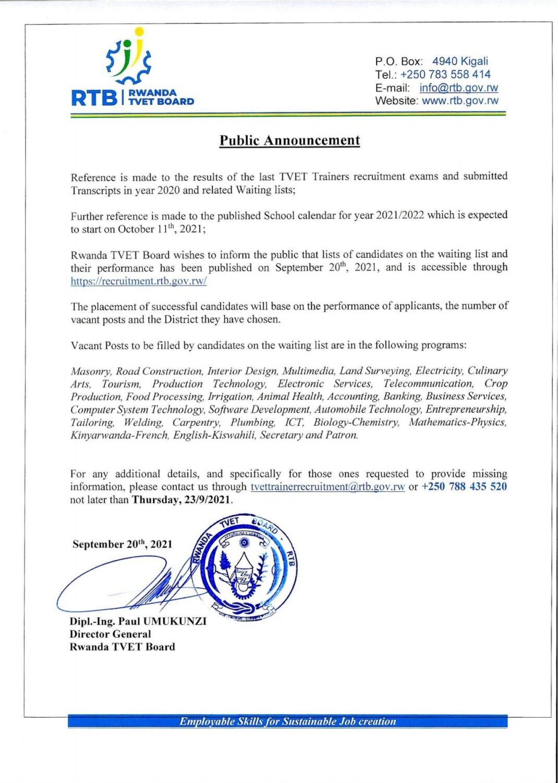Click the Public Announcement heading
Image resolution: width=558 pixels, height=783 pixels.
(x=289, y=140)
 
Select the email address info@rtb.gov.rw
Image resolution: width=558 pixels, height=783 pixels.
(x=458, y=88)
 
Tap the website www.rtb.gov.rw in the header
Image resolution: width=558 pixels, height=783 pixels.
(x=460, y=101)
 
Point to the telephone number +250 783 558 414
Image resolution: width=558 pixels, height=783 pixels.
(x=445, y=75)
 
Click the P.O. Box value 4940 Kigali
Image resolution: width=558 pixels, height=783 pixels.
(x=460, y=61)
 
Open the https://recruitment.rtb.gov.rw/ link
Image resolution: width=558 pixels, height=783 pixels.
(x=139, y=281)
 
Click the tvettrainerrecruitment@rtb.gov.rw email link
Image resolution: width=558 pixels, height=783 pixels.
(x=327, y=487)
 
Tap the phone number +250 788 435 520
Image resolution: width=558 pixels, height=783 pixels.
(x=464, y=487)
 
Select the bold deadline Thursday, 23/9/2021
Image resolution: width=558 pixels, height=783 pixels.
(x=181, y=500)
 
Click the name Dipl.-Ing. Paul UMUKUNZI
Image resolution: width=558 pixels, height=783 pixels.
(x=138, y=621)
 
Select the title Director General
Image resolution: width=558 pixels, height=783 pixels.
(x=111, y=634)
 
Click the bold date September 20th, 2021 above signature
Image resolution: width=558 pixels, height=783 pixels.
(x=122, y=544)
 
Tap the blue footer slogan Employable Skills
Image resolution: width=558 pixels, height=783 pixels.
(x=287, y=721)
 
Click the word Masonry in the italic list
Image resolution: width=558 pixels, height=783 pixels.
(x=91, y=371)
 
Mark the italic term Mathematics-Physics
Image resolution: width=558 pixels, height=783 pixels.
(x=457, y=422)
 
